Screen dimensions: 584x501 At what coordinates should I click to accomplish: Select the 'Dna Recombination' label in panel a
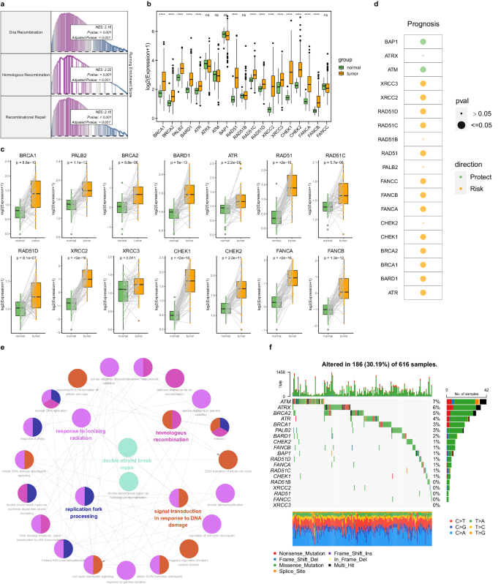(26, 31)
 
